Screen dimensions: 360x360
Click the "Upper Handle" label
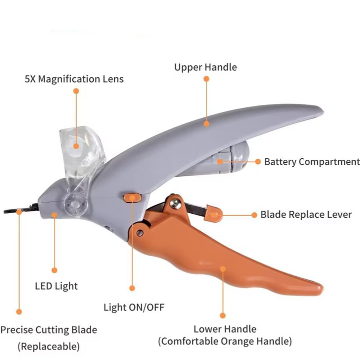[x=205, y=67]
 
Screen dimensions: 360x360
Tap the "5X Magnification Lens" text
[x=74, y=79]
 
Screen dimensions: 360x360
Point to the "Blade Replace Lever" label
[x=306, y=215]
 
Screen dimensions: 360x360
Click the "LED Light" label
[x=56, y=286]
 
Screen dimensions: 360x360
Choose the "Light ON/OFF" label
[x=133, y=307]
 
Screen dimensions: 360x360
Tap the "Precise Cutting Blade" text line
[x=48, y=330]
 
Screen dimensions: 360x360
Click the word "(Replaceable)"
[x=48, y=346]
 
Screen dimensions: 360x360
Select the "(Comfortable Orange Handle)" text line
[x=225, y=342]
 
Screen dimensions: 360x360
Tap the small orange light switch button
[x=131, y=198]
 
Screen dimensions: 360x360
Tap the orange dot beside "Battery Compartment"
[x=258, y=162]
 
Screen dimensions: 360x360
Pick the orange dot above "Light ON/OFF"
[x=132, y=288]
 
